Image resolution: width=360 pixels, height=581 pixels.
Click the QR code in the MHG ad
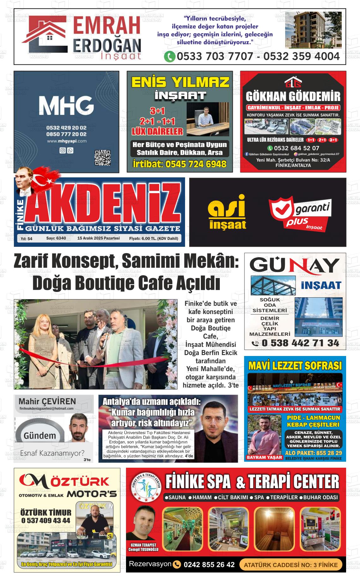tap(103, 158)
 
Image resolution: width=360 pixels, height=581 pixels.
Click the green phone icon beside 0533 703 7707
tap(170, 56)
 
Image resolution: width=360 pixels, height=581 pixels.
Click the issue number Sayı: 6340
tap(56, 238)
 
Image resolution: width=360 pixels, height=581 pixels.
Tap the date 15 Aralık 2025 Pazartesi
tap(99, 238)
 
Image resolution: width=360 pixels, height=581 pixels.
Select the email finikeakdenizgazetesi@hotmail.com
tap(46, 408)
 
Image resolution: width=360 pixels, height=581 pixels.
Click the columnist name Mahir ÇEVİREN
tap(47, 401)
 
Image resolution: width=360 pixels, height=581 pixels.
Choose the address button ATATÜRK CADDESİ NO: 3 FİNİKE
tap(291, 565)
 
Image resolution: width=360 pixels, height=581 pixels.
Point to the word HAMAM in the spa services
tap(202, 497)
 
